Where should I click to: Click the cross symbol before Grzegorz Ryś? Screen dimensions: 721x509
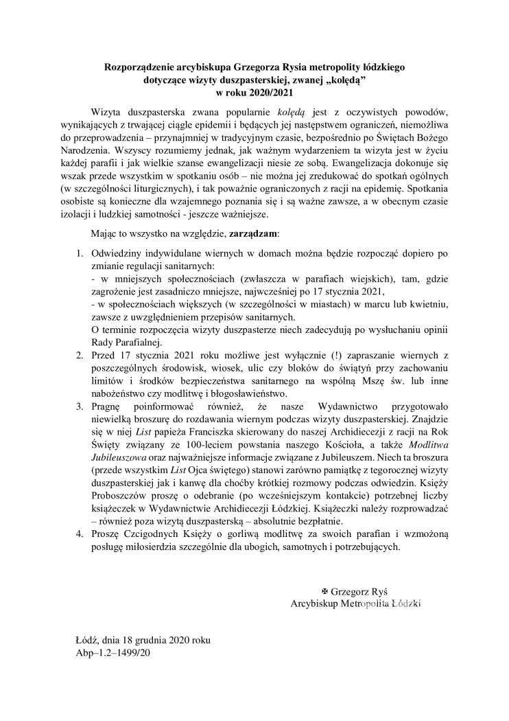(325, 591)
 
